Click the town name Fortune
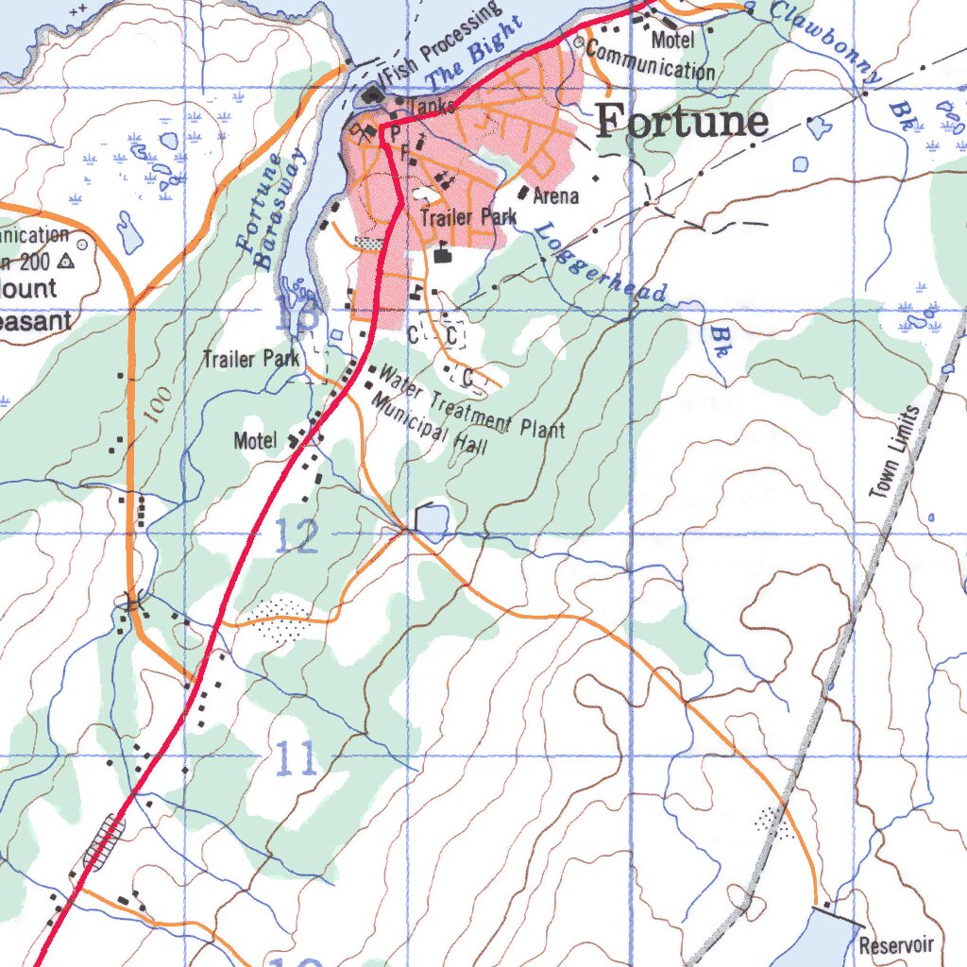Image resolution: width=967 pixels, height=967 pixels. point(683,122)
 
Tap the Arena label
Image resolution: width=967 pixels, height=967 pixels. point(556,196)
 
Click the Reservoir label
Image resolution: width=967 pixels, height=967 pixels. point(896,945)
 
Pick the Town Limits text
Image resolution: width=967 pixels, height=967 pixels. point(893,452)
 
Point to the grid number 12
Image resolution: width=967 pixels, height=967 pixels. point(297,537)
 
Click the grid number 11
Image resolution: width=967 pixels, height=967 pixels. point(297,759)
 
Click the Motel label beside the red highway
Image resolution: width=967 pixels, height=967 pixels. point(255,441)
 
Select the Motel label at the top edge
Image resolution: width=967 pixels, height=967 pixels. point(672,40)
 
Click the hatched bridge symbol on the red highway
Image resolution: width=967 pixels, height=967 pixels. point(104,841)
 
